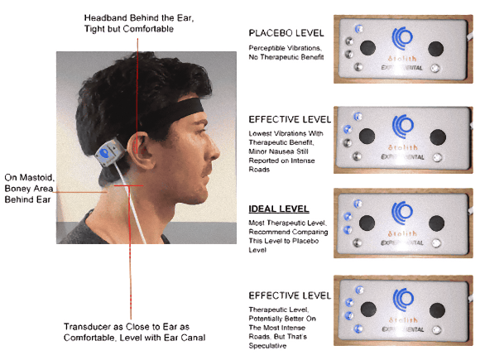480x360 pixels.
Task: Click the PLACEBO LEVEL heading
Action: (x=286, y=33)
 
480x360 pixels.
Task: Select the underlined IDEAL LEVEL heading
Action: (x=279, y=209)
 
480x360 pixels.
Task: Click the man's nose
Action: (x=214, y=150)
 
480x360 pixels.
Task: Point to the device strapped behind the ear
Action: (x=110, y=152)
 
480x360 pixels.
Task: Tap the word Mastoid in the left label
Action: (x=37, y=178)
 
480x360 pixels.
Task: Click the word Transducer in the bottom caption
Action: (x=87, y=327)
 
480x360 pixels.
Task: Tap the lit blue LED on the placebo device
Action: (x=359, y=29)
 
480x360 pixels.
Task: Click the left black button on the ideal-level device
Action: (x=367, y=223)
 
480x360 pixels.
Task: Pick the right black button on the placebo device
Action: (x=435, y=49)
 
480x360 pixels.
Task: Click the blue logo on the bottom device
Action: (x=404, y=300)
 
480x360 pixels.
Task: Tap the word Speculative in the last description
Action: (x=267, y=346)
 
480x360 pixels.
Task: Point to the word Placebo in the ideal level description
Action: (x=305, y=241)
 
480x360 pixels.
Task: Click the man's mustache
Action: (x=208, y=168)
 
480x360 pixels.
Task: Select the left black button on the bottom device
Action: (x=368, y=310)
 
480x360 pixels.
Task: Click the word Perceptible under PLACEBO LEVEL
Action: (x=266, y=48)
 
